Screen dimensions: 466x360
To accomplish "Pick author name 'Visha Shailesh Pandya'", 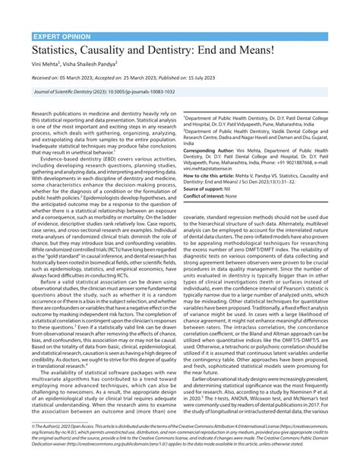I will [x=96, y=68].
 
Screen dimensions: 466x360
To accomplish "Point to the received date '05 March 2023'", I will [x=78, y=78].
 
